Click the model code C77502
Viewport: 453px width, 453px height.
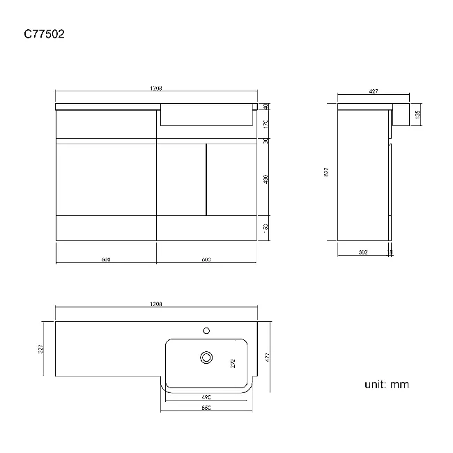[x=44, y=33]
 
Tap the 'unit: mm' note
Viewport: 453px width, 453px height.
[x=386, y=384]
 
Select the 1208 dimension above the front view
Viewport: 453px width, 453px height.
[x=156, y=89]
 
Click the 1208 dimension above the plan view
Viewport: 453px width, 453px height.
[x=156, y=305]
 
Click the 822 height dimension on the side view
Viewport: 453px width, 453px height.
[x=326, y=172]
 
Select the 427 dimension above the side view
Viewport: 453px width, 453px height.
[x=373, y=91]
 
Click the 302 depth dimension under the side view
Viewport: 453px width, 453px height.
[x=363, y=252]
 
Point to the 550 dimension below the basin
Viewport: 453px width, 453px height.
[x=206, y=408]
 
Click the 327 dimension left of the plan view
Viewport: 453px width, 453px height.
[x=42, y=347]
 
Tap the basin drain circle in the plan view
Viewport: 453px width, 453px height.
[x=206, y=357]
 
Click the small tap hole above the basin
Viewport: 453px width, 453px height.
[x=206, y=330]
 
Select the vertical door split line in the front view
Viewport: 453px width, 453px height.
[x=206, y=179]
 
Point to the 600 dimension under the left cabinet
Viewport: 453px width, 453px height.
[x=106, y=259]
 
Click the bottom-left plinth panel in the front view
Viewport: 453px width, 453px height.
[x=106, y=228]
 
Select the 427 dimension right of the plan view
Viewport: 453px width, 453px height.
[x=267, y=357]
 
